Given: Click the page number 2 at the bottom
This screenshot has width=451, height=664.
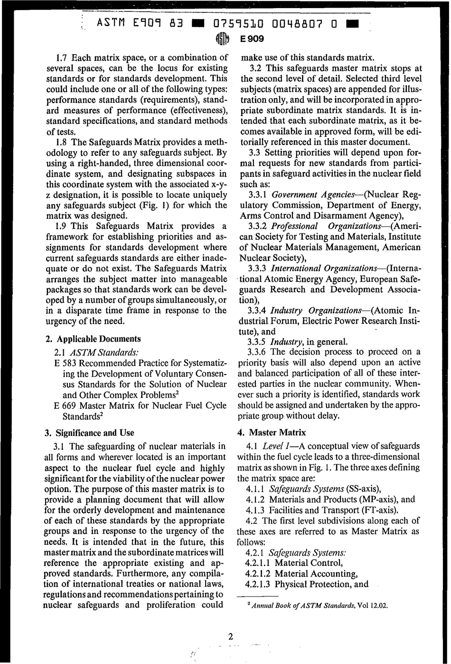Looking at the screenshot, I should (230, 637).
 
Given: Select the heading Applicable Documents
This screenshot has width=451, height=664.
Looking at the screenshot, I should (99, 339).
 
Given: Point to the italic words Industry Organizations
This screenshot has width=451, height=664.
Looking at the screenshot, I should (317, 310).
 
